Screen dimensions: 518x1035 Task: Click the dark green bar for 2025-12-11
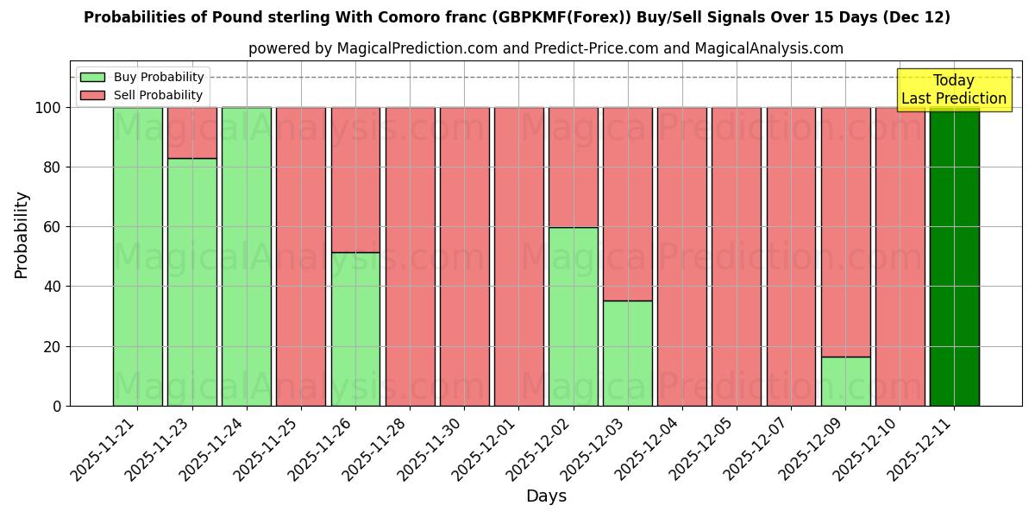click(x=954, y=256)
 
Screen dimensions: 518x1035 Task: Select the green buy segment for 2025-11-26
click(x=355, y=329)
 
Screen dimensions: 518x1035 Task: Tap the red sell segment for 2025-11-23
click(x=191, y=132)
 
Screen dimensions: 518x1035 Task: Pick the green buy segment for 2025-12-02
click(x=573, y=316)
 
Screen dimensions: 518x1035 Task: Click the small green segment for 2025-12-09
click(x=845, y=381)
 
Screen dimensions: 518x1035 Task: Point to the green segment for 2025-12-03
click(x=627, y=353)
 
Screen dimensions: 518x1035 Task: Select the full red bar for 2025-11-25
click(x=301, y=256)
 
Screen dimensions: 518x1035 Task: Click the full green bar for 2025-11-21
click(x=137, y=256)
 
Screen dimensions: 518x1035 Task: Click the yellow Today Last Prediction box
click(x=953, y=90)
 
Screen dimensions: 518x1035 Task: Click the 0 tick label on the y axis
click(x=57, y=406)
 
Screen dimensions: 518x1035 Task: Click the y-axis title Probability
click(x=22, y=235)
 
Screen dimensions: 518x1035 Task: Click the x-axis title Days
click(x=546, y=496)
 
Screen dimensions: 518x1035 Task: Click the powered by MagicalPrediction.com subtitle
click(x=546, y=48)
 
